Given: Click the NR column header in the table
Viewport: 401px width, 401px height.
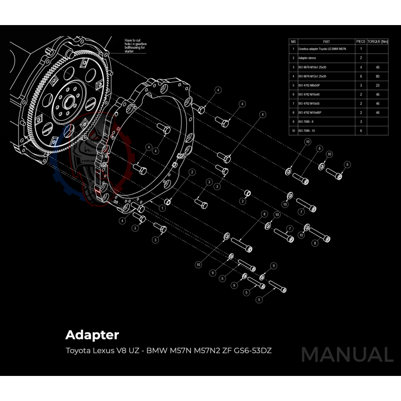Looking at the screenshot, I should tap(293, 42).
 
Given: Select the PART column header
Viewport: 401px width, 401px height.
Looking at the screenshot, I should tap(326, 42).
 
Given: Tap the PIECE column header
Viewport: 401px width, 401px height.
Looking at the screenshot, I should tap(361, 42).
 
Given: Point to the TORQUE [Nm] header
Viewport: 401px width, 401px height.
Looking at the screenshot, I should tap(377, 42).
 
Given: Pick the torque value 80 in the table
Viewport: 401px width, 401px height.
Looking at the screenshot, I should tap(377, 76).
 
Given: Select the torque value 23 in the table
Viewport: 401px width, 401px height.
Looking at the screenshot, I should tap(377, 85).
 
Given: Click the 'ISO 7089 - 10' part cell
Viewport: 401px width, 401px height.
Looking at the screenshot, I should tap(307, 130).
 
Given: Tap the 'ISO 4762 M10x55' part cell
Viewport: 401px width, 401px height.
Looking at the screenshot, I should tap(309, 103).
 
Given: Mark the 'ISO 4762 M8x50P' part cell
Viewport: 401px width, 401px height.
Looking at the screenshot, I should tap(310, 85).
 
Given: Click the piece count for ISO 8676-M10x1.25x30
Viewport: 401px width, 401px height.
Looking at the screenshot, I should tap(361, 67).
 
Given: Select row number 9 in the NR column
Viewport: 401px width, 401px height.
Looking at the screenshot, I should tap(293, 121).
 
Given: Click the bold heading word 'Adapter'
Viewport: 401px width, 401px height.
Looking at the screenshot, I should tap(92, 334).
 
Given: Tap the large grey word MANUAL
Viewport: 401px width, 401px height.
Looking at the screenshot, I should tap(347, 355).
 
